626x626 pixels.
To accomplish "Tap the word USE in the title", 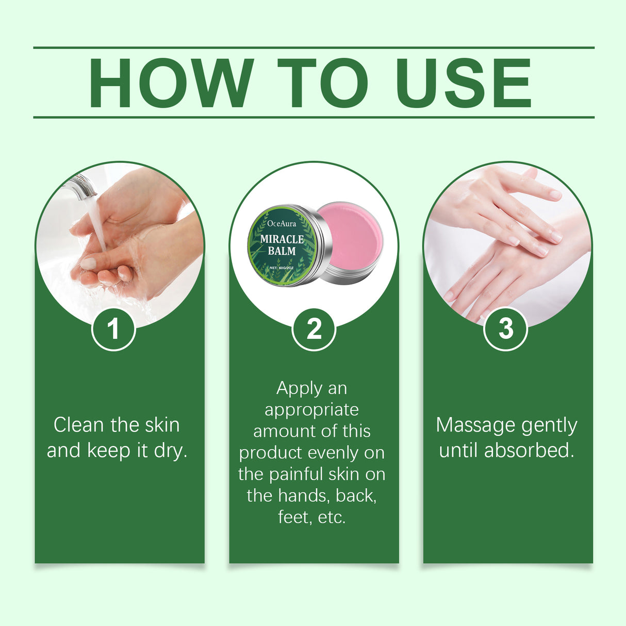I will coord(463,84).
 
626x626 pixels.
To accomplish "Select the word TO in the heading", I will coord(322,84).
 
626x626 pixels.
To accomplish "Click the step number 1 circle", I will coord(113,329).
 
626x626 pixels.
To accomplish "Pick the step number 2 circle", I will coord(314,329).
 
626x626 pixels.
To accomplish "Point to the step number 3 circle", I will coord(505,329).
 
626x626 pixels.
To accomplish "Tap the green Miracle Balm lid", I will coord(282,245).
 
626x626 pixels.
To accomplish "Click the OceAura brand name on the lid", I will coord(282,223).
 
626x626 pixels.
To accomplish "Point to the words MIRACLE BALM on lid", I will coord(282,245).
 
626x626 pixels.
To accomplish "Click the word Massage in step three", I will coord(468,425).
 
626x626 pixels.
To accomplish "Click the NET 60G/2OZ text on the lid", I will coord(282,268).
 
